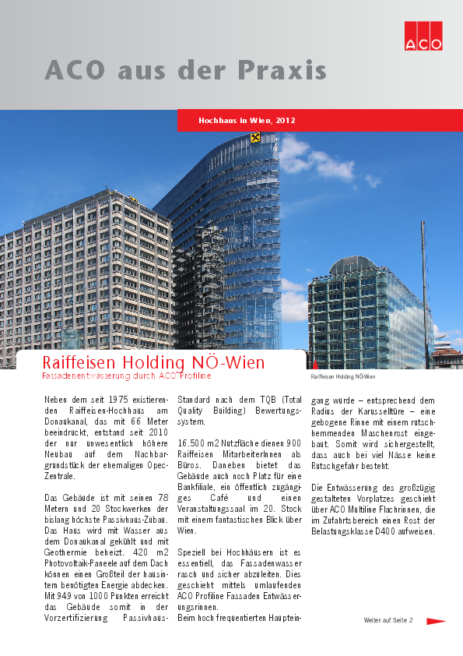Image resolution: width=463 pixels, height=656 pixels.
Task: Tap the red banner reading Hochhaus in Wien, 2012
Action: pyautogui.click(x=247, y=121)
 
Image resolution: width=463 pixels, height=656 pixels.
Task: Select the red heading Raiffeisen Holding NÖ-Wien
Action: pyautogui.click(x=153, y=363)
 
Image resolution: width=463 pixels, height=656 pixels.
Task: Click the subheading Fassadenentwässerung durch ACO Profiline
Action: pyautogui.click(x=126, y=376)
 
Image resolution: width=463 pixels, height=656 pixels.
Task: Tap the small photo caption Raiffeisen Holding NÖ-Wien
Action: pyautogui.click(x=337, y=377)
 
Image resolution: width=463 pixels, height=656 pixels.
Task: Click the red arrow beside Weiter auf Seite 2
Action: pyautogui.click(x=435, y=621)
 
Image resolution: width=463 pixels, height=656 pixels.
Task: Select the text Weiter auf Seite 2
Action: pyautogui.click(x=388, y=621)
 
